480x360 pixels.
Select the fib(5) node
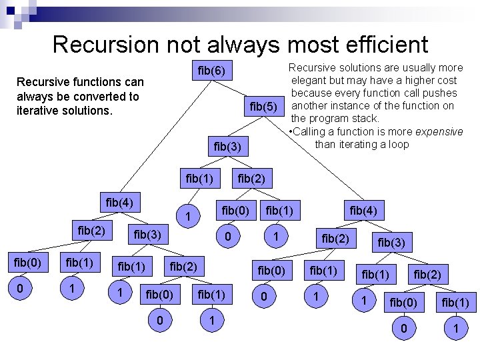pyautogui.click(x=263, y=106)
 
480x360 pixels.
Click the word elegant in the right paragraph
pyautogui.click(x=311, y=81)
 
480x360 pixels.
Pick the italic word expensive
pyautogui.click(x=437, y=131)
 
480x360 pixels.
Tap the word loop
pyautogui.click(x=397, y=144)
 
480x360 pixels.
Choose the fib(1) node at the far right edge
pyautogui.click(x=455, y=303)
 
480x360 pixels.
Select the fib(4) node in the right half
pyautogui.click(x=363, y=211)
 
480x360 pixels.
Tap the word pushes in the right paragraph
pyautogui.click(x=440, y=93)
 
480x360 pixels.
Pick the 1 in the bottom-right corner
pyautogui.click(x=455, y=329)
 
